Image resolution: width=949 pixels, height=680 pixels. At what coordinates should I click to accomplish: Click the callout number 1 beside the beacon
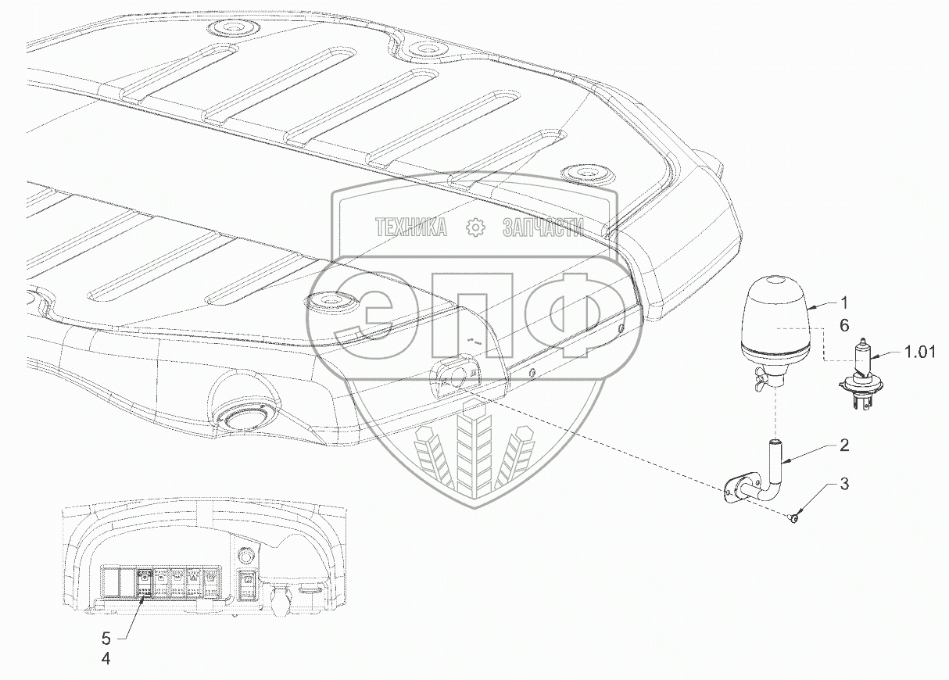844,302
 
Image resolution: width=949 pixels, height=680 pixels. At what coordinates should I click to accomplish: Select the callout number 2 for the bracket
844,446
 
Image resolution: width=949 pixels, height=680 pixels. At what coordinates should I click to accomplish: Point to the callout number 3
844,485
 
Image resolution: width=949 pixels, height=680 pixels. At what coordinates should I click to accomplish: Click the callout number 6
843,327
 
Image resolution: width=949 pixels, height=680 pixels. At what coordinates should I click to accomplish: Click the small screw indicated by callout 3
793,518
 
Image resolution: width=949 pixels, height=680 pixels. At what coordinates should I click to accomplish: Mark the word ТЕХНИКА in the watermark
411,227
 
